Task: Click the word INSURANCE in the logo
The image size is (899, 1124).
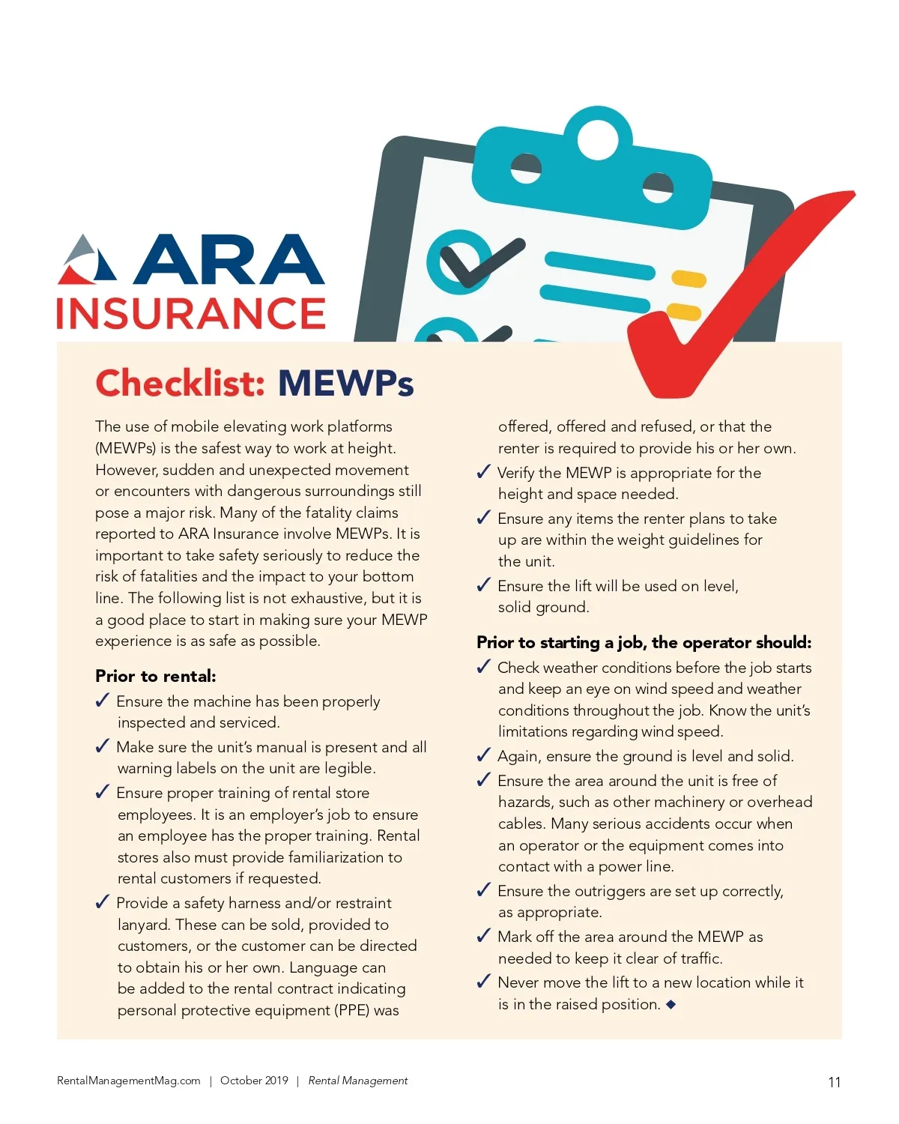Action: coord(191,313)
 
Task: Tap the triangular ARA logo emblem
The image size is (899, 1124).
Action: coord(88,261)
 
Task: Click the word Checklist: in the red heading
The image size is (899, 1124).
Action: coord(180,383)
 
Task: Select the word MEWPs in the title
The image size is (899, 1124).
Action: coord(345,383)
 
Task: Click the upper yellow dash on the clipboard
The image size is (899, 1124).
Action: coord(688,279)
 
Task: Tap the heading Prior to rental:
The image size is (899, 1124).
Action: coord(155,676)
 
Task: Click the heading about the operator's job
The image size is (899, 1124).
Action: coord(644,642)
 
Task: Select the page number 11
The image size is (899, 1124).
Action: coord(834,1082)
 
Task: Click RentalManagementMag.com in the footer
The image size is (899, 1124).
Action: coord(129,1081)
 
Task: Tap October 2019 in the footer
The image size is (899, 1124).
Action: coord(254,1081)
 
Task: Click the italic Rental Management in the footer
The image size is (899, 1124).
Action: coord(358,1081)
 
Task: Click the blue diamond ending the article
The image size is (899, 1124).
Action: coord(671,1004)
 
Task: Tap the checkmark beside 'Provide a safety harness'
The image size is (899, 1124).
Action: coord(103,902)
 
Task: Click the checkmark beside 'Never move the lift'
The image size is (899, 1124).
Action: coord(484,982)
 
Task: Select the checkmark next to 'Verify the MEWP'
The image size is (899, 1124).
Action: coord(484,472)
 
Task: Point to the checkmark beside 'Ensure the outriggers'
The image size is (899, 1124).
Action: coord(484,890)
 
